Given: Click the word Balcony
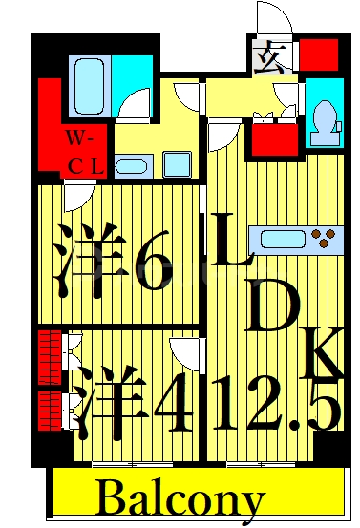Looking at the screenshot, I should click(180, 498).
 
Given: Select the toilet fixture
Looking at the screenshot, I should click(324, 119).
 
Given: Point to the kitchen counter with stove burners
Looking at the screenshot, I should click(295, 237).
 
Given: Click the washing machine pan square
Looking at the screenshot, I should click(178, 163).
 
